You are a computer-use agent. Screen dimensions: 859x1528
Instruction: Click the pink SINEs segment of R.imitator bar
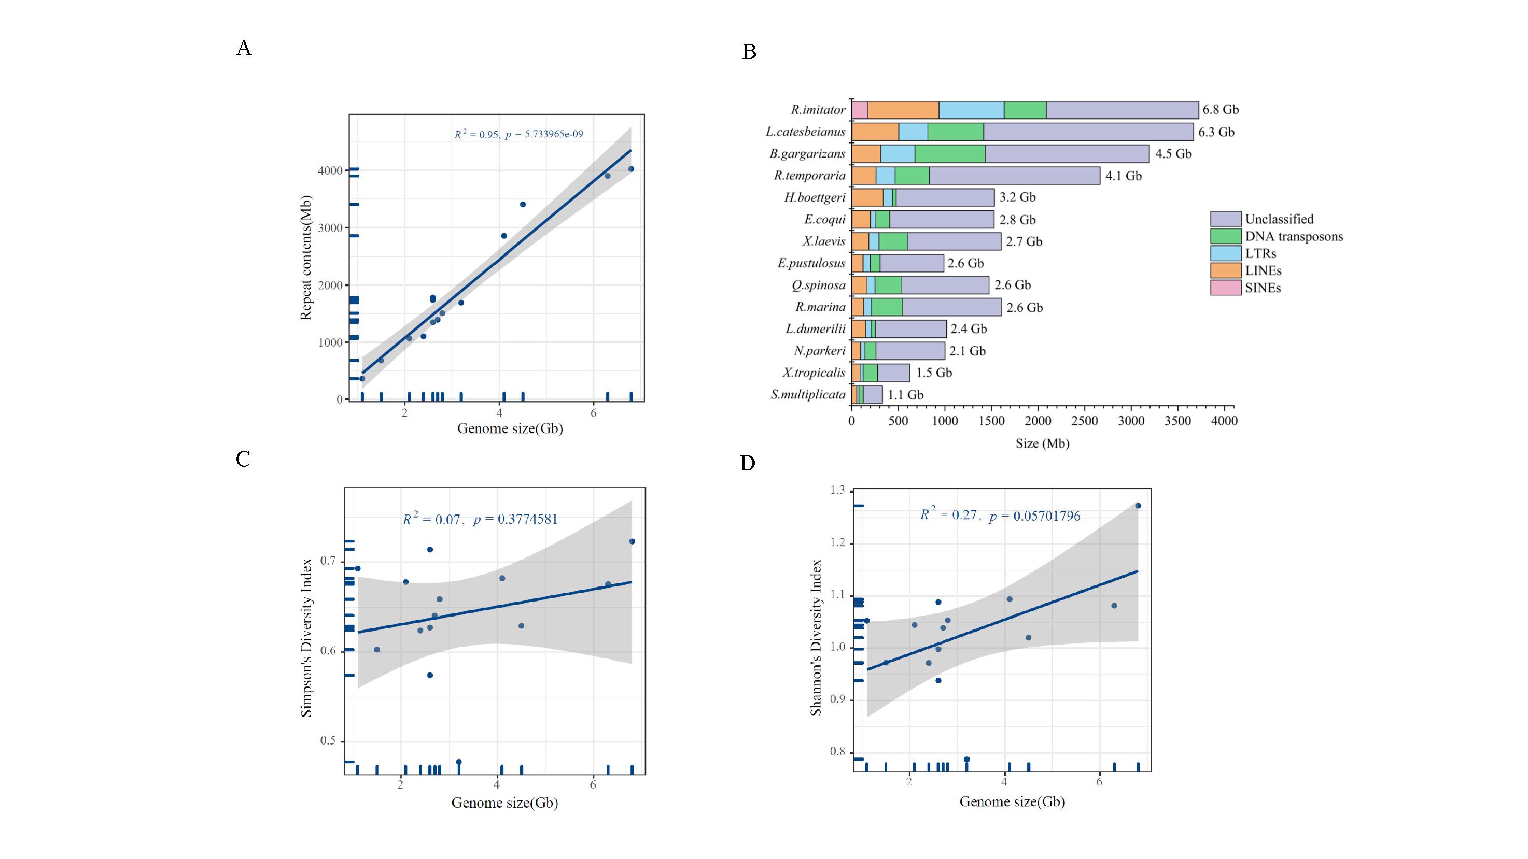pyautogui.click(x=860, y=110)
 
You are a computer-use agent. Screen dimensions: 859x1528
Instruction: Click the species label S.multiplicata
pyautogui.click(x=808, y=395)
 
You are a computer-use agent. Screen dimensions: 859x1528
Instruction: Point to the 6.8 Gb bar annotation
pyautogui.click(x=1220, y=110)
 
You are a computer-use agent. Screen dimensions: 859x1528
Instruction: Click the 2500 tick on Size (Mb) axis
pyautogui.click(x=1084, y=420)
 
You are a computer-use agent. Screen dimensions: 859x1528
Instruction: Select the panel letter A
pyautogui.click(x=244, y=48)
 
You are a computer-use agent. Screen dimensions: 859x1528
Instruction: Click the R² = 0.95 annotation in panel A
pyautogui.click(x=476, y=135)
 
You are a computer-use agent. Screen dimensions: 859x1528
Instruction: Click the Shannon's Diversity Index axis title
pyautogui.click(x=816, y=637)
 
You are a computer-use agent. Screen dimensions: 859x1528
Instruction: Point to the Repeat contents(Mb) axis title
pyautogui.click(x=305, y=257)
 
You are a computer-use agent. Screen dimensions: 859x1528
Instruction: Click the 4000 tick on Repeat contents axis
pyautogui.click(x=330, y=171)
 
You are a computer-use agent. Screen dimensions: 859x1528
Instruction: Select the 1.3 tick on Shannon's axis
pyautogui.click(x=837, y=490)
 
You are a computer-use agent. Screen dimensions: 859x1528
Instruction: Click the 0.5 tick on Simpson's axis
pyautogui.click(x=328, y=740)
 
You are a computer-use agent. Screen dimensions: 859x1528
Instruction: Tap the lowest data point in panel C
pyautogui.click(x=458, y=762)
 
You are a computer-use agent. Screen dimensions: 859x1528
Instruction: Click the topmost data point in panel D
pyautogui.click(x=1138, y=506)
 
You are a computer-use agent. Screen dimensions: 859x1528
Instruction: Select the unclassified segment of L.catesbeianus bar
pyautogui.click(x=1088, y=132)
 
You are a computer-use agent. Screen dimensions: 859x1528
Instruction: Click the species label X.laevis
pyautogui.click(x=824, y=241)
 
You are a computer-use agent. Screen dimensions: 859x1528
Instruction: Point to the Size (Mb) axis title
pyautogui.click(x=1042, y=443)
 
